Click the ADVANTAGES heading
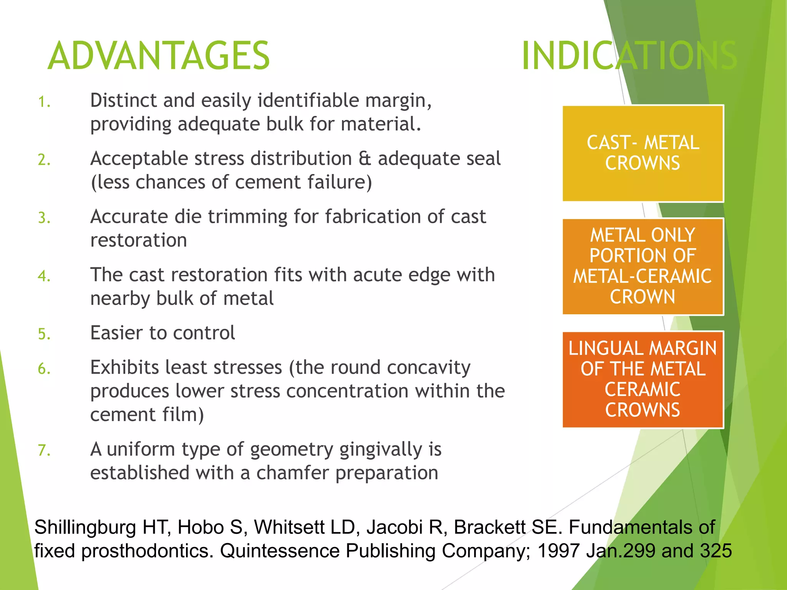point(159,56)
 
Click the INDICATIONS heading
point(629,56)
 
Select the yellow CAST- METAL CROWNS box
point(643,153)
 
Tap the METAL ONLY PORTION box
point(643,266)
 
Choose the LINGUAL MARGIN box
point(643,379)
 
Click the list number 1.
point(44,102)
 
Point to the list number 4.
point(44,276)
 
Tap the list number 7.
point(44,450)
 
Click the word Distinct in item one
point(123,101)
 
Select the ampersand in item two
point(365,159)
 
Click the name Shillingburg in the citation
point(85,527)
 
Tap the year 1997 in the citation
point(558,551)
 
